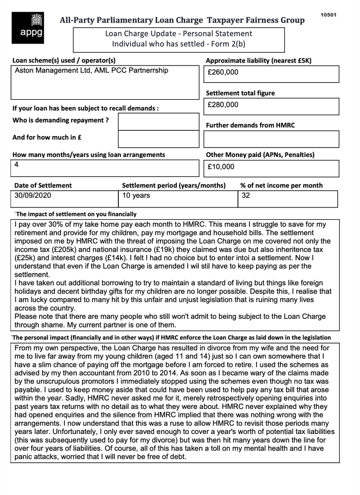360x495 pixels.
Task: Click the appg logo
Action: (34, 25)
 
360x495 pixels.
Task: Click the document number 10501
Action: (329, 15)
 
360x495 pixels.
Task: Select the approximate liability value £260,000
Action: (223, 73)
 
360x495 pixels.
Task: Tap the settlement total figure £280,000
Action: (223, 105)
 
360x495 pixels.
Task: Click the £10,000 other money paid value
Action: (221, 167)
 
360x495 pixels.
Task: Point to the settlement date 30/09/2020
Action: (33, 196)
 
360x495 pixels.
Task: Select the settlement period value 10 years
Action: (136, 196)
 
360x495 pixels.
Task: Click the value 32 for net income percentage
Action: (246, 196)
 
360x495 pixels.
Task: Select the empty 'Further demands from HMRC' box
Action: (271, 139)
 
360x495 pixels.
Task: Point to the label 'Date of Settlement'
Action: (43, 186)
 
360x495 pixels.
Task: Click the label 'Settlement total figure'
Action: (240, 93)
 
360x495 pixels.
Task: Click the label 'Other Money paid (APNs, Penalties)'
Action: (260, 155)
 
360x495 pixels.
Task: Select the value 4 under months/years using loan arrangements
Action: (16, 164)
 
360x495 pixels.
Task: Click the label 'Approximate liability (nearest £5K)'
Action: (259, 61)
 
